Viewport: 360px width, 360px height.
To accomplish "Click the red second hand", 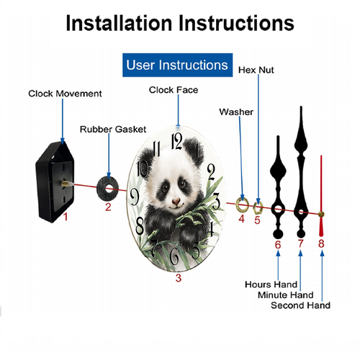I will (x=320, y=194).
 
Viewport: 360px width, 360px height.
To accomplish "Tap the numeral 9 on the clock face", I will (x=134, y=194).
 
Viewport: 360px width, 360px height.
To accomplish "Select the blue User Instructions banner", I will (x=177, y=65).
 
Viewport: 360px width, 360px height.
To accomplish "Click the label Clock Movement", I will (x=65, y=94).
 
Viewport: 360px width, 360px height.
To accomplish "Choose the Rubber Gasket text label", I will (x=109, y=129).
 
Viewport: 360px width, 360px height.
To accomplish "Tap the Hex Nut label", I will (x=256, y=70).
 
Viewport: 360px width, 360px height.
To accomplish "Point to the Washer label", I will (x=235, y=112).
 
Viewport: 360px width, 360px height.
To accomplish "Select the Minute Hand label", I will (x=285, y=294).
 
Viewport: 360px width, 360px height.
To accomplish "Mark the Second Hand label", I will (x=300, y=305).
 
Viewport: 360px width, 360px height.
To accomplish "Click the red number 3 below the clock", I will (x=179, y=277).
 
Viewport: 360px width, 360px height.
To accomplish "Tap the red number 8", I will (x=321, y=243).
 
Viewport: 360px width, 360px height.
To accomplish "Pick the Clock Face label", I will (x=173, y=90).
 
